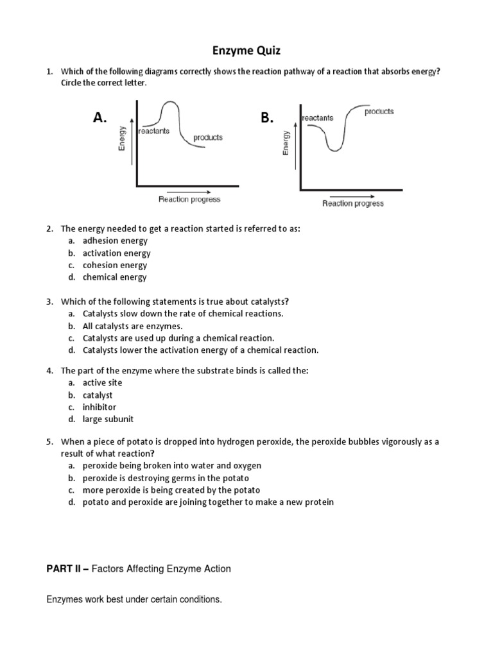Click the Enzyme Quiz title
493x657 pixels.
click(246, 50)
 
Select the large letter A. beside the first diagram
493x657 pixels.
click(99, 117)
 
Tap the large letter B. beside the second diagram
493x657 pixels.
click(267, 117)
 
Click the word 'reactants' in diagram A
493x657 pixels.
click(155, 131)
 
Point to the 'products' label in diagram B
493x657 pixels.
click(379, 111)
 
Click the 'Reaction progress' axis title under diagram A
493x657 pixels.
click(189, 200)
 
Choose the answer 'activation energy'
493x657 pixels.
click(116, 253)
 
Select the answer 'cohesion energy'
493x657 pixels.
click(115, 265)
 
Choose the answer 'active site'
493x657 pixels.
click(102, 382)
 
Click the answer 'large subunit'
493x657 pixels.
click(108, 419)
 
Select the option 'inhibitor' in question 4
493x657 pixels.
click(99, 407)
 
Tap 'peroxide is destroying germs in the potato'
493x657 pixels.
click(166, 478)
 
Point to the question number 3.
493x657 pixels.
click(49, 302)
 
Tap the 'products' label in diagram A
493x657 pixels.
click(208, 137)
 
